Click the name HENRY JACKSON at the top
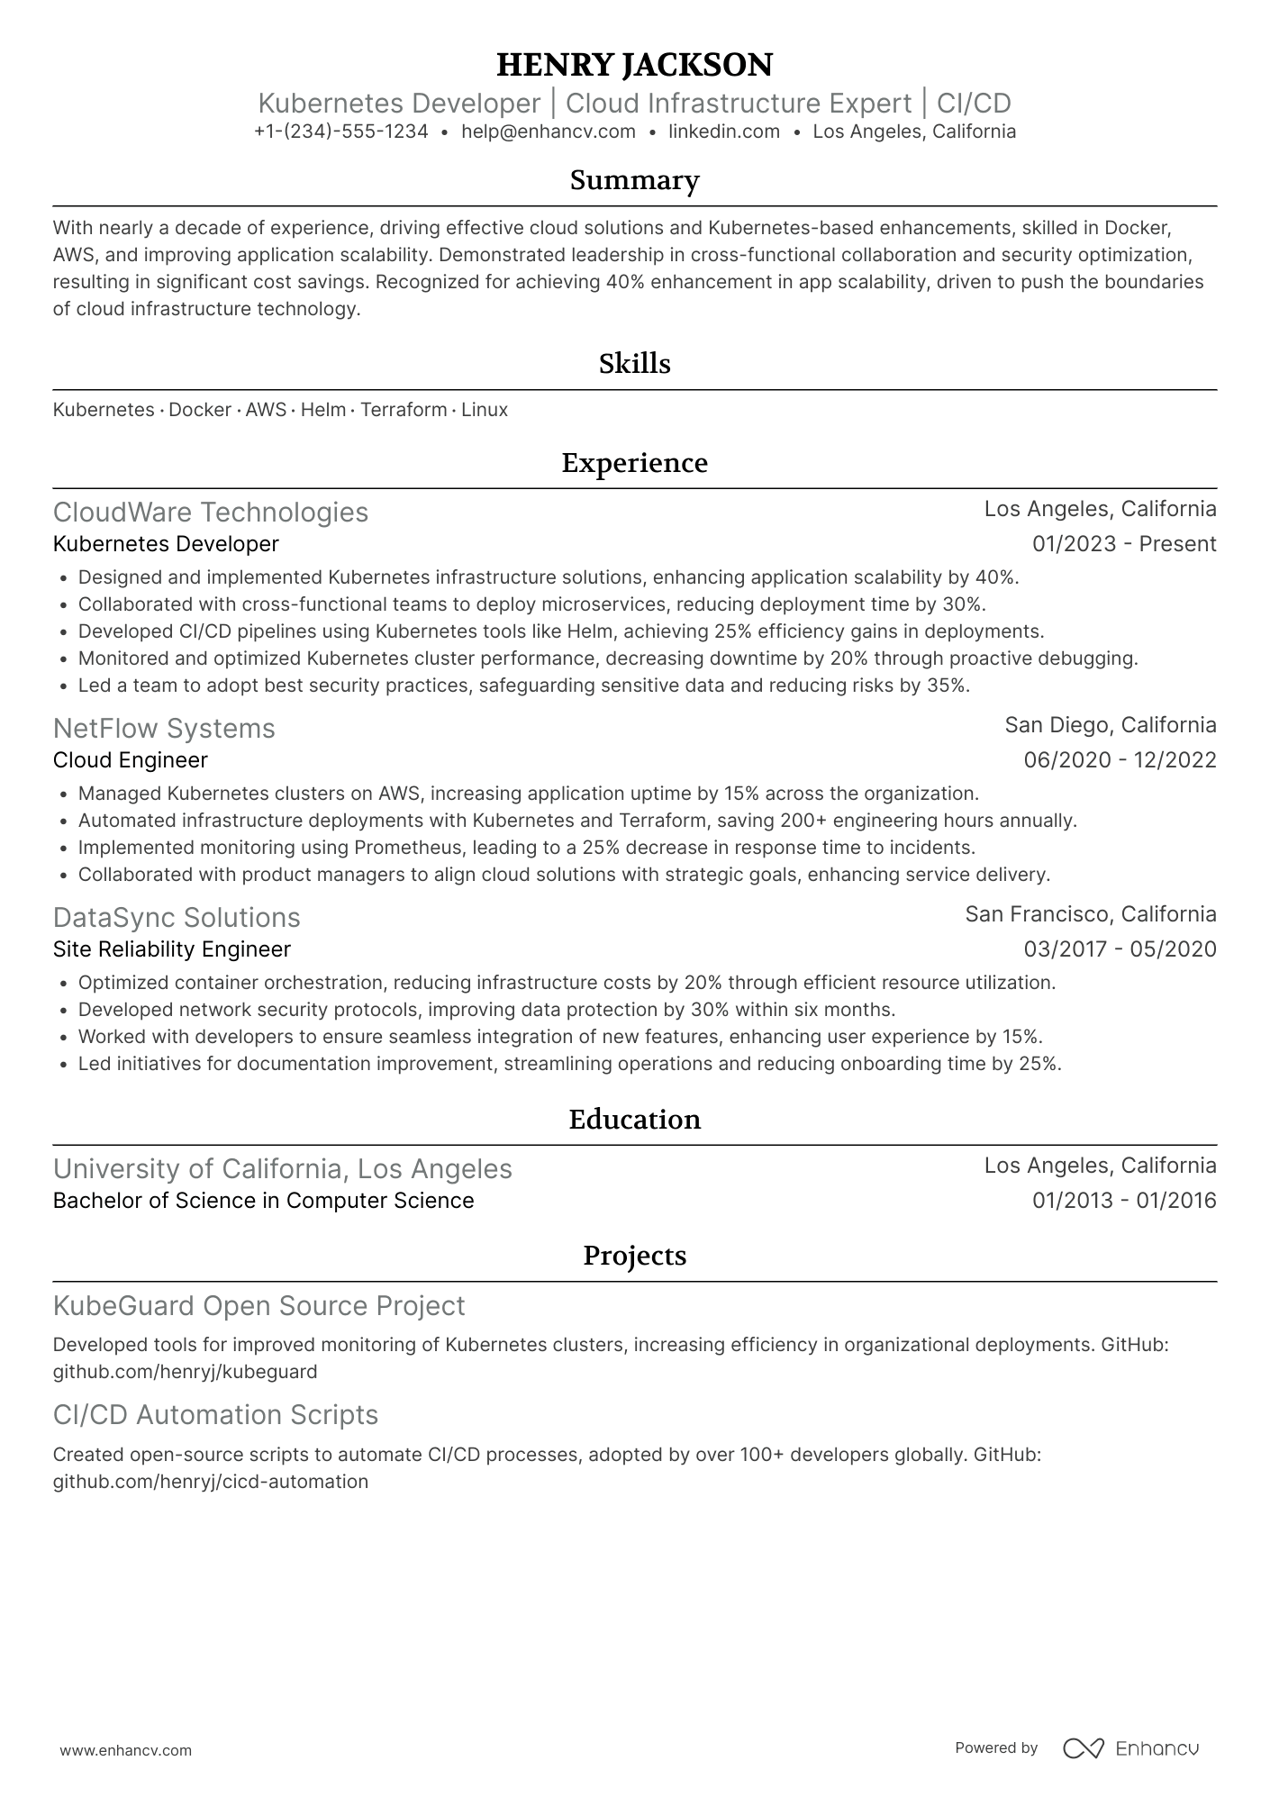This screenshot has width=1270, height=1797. (634, 65)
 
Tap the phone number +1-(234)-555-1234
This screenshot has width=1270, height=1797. (340, 132)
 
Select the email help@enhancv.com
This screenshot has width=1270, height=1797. (548, 132)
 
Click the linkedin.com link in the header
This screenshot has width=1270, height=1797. (723, 132)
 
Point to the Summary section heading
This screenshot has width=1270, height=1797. (634, 180)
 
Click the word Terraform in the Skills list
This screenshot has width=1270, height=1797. (404, 410)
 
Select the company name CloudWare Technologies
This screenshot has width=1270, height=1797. (211, 512)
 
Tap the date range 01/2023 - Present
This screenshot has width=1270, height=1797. (1123, 544)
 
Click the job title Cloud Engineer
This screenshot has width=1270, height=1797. (131, 760)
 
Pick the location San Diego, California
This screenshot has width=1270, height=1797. (1110, 725)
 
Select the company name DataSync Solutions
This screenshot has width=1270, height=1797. (177, 917)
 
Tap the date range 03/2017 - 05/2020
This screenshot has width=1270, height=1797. (1120, 949)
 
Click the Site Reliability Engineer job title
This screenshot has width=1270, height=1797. (172, 949)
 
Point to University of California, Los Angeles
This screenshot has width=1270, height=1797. (282, 1168)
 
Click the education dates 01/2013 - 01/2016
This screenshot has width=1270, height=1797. (1123, 1201)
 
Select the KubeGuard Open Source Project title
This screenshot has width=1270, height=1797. (259, 1305)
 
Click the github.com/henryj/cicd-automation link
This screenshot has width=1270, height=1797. (211, 1482)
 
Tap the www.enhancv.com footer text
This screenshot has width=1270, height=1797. (125, 1750)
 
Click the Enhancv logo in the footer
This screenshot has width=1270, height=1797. (1131, 1748)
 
